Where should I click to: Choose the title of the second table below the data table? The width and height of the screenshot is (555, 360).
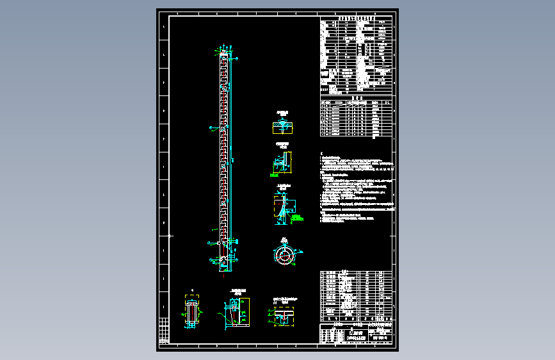356,98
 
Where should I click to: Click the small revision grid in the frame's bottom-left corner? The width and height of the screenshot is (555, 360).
165,331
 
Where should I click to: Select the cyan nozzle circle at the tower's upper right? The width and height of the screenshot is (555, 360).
237,59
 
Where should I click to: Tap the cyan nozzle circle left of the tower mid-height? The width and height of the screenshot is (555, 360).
211,129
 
